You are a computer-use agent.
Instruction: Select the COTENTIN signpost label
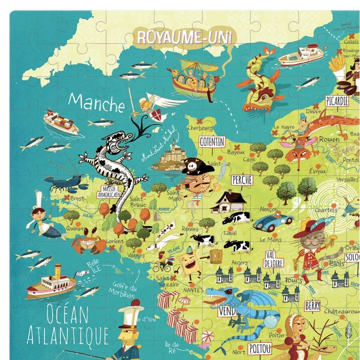tap(211, 142)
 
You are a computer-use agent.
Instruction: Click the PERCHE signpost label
tap(242, 180)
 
